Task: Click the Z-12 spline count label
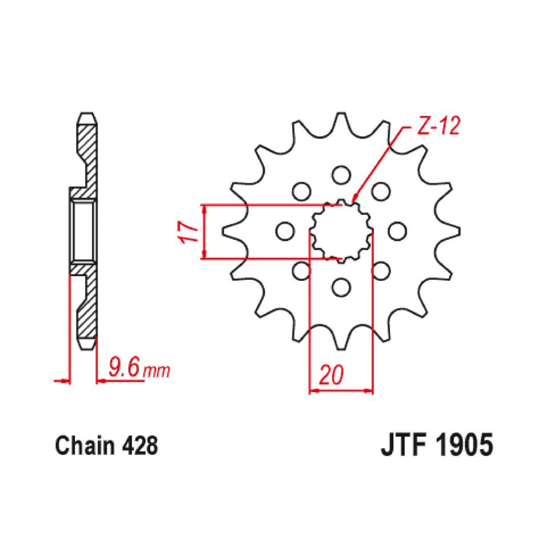437,128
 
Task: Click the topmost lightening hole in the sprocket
341,174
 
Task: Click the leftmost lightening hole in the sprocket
284,231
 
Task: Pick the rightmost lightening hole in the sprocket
398,231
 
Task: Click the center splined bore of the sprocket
341,231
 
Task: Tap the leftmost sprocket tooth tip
224,231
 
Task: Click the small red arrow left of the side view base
59,380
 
